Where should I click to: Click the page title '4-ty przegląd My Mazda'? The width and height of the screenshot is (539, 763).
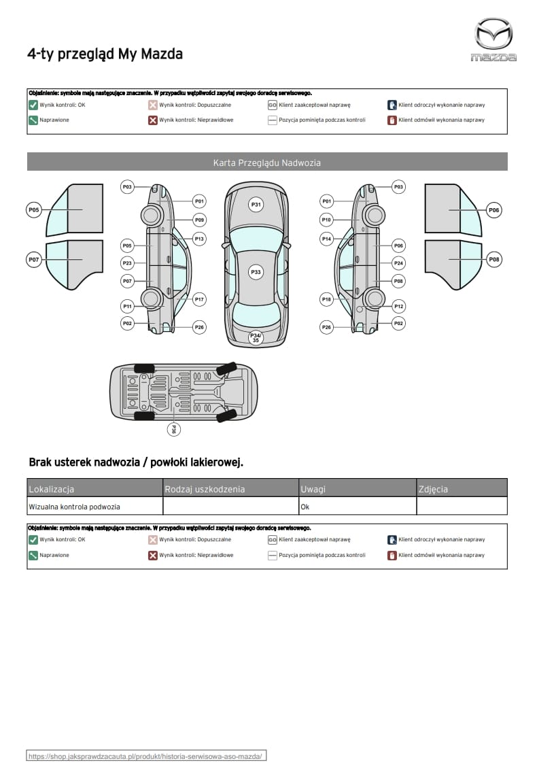[x=105, y=54]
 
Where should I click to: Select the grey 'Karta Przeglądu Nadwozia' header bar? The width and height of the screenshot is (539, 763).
[x=267, y=163]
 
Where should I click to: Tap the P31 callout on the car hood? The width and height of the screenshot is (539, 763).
[x=256, y=204]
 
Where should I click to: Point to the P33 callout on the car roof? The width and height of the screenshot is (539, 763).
[x=256, y=272]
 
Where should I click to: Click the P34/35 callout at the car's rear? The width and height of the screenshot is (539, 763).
[x=256, y=337]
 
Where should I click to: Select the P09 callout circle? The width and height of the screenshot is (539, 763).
[x=199, y=220]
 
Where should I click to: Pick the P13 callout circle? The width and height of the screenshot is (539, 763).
[x=199, y=239]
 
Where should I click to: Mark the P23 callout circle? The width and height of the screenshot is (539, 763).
[x=127, y=263]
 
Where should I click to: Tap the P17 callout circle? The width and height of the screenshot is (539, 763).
[x=199, y=299]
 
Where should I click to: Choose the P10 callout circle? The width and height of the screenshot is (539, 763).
[x=327, y=220]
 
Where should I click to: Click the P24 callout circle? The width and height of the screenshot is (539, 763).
[x=399, y=263]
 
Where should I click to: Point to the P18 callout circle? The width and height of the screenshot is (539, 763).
[x=327, y=299]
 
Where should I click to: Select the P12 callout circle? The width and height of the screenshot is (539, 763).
[x=399, y=307]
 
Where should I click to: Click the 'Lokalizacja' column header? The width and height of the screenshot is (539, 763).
[x=52, y=489]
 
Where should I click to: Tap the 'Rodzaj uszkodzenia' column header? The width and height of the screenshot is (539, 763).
[x=205, y=489]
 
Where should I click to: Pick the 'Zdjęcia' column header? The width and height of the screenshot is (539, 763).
[x=434, y=489]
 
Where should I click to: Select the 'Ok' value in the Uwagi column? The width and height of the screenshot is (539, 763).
[x=305, y=507]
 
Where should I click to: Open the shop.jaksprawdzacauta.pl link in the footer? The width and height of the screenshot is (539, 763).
[x=145, y=756]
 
